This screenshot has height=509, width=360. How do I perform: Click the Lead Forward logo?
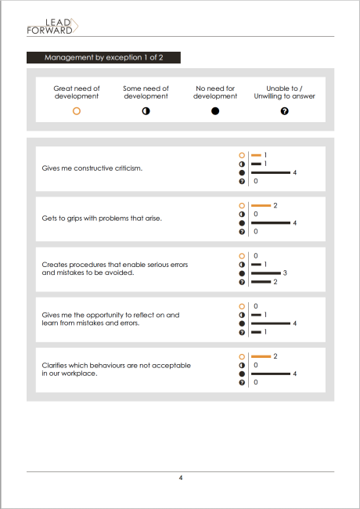click(52, 27)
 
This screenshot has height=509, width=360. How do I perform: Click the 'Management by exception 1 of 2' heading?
click(104, 57)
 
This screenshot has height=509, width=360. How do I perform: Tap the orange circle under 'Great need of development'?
click(77, 111)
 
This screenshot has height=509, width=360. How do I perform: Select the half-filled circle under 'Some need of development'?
click(146, 111)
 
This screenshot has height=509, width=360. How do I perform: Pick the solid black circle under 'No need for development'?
click(215, 111)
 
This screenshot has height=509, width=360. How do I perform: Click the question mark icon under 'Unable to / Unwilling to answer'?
click(284, 111)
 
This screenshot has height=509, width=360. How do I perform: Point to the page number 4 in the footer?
click(181, 478)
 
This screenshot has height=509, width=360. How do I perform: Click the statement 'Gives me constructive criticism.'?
click(92, 168)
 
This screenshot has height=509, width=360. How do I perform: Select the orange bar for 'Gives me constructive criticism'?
click(256, 155)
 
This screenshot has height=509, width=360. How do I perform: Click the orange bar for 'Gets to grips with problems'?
click(261, 205)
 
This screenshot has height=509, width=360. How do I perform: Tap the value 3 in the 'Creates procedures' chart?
click(285, 273)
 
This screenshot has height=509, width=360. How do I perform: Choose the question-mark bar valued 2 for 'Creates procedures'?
click(261, 282)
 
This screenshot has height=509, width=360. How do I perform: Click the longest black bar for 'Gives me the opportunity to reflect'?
click(271, 323)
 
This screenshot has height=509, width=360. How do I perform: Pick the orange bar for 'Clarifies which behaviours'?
click(261, 356)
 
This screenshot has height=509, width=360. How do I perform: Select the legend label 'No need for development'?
click(215, 92)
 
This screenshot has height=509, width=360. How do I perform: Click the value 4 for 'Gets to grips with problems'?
click(294, 223)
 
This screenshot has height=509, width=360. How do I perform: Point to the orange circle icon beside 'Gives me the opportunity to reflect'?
click(242, 306)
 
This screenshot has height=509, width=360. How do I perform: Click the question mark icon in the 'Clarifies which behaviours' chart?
click(242, 382)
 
